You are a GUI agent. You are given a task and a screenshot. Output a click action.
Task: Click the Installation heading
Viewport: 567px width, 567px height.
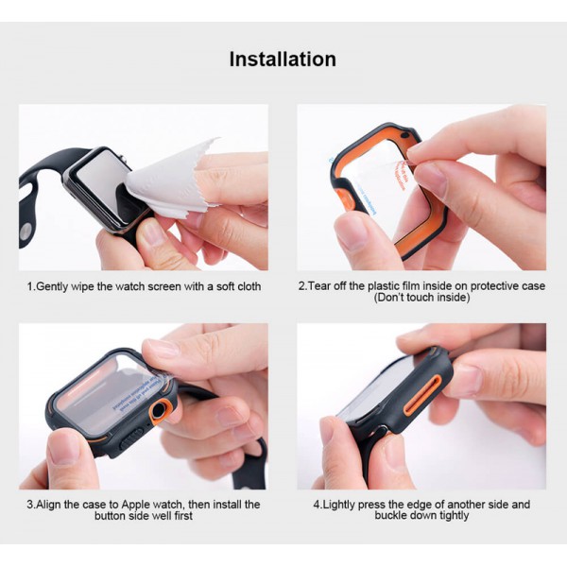pos(283,59)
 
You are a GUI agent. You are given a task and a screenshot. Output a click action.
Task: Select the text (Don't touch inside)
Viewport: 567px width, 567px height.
pos(421,298)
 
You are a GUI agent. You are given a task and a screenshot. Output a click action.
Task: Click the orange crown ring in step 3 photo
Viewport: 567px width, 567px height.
pos(161,409)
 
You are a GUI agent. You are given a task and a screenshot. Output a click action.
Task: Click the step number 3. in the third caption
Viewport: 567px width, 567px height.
pos(30,505)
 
